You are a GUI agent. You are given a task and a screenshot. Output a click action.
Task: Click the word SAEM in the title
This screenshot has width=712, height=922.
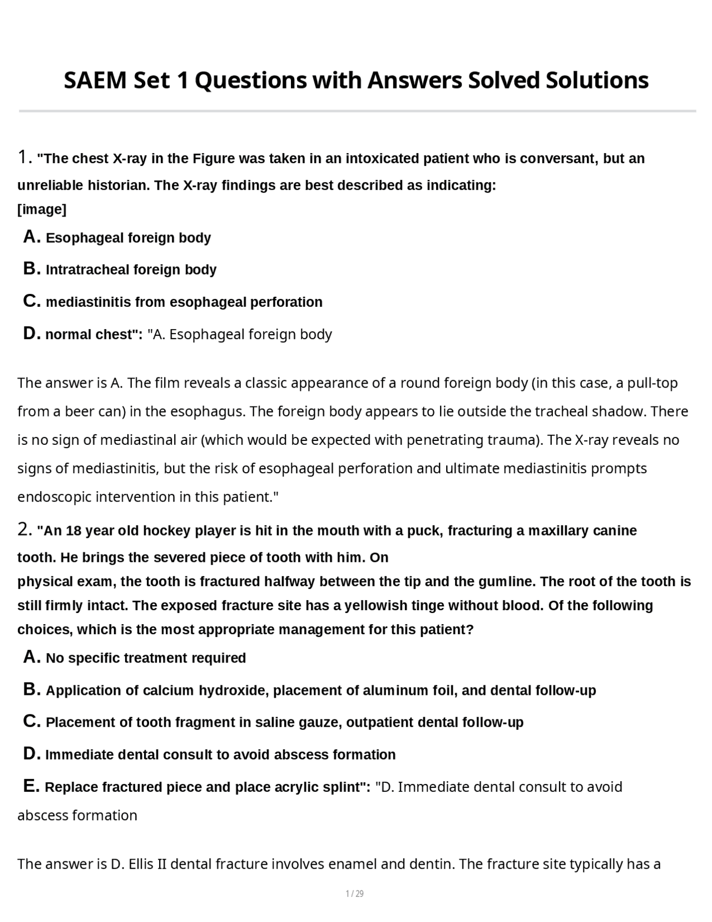95,81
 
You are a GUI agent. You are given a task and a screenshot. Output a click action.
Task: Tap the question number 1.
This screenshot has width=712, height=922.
23,158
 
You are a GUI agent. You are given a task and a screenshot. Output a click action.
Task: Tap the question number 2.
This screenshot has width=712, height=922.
23,529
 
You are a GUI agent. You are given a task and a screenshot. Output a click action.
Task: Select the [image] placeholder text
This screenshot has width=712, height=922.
42,209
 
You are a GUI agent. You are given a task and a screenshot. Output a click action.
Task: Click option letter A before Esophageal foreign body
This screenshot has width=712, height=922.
32,237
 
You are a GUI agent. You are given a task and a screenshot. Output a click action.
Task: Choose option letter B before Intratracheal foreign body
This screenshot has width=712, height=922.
32,269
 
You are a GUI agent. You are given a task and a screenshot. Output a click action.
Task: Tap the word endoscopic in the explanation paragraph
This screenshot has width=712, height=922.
54,497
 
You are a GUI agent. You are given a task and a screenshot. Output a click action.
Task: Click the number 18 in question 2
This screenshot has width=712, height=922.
73,531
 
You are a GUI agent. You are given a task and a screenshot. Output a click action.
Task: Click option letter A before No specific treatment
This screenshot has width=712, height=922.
32,658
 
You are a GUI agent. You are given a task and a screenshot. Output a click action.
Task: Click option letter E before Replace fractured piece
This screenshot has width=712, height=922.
31,787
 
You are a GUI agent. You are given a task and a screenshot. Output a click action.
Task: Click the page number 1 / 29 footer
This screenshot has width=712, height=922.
355,894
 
